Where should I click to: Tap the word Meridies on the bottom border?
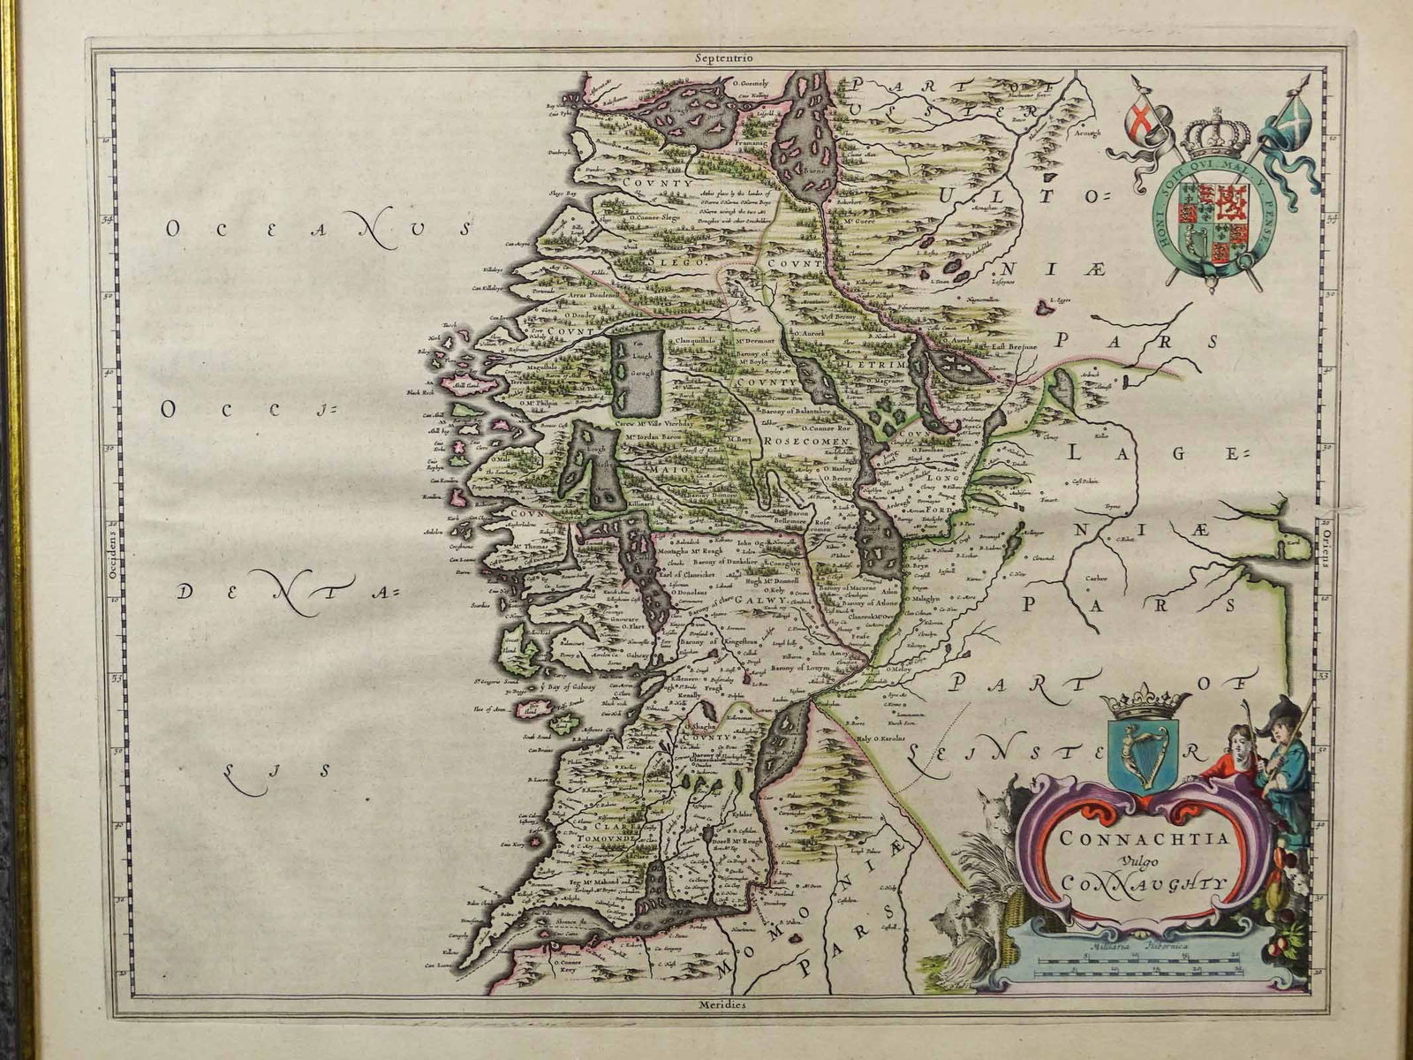(x=721, y=1005)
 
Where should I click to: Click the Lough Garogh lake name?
(x=638, y=363)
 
